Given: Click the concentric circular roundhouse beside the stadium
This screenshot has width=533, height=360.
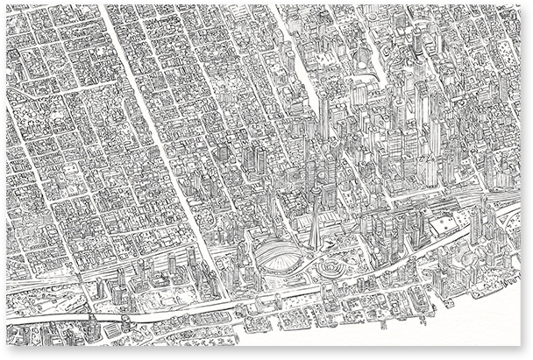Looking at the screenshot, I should [332, 265].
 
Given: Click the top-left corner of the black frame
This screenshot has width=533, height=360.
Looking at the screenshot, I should [3, 3].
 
